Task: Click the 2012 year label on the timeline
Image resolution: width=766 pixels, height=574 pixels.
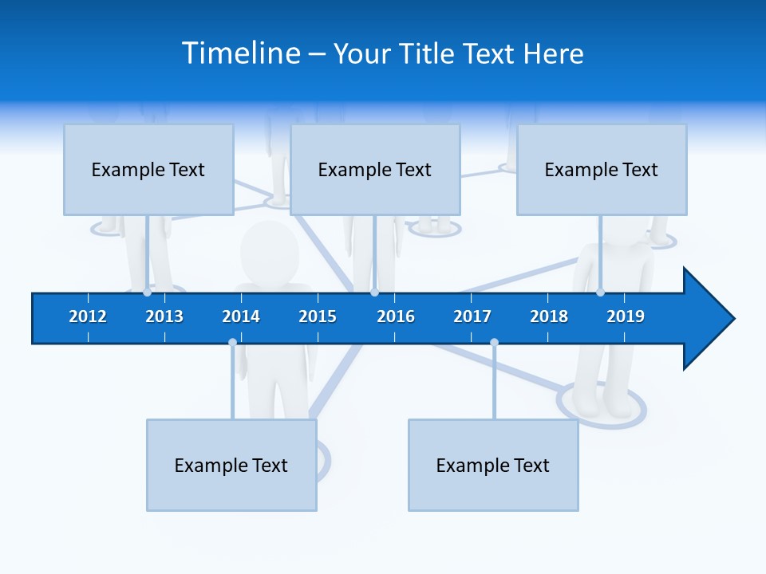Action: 88,316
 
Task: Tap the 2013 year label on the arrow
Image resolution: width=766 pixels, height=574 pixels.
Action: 164,316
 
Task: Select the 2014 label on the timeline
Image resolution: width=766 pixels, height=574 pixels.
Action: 241,316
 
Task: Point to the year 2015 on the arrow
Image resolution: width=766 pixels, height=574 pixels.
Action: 318,316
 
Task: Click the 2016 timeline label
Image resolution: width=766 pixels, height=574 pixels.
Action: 396,316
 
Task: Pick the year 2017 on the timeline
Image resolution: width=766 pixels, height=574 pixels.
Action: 472,316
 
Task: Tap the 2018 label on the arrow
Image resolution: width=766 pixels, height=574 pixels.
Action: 549,316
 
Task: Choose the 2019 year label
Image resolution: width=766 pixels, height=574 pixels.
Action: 626,316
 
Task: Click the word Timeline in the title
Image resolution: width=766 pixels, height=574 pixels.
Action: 241,53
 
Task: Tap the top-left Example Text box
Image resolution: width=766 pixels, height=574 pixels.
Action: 148,169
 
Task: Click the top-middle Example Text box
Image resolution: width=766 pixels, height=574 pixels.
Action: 375,169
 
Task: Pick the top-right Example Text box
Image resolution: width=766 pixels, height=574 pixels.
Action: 602,169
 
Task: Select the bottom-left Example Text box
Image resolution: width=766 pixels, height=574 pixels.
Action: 231,465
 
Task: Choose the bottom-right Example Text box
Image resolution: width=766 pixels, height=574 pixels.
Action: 493,465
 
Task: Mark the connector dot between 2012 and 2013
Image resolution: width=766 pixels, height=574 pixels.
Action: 147,293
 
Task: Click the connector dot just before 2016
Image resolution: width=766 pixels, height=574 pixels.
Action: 374,293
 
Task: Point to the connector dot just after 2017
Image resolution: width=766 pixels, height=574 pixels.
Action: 494,343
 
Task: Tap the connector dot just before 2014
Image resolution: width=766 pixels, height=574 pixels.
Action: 232,343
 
